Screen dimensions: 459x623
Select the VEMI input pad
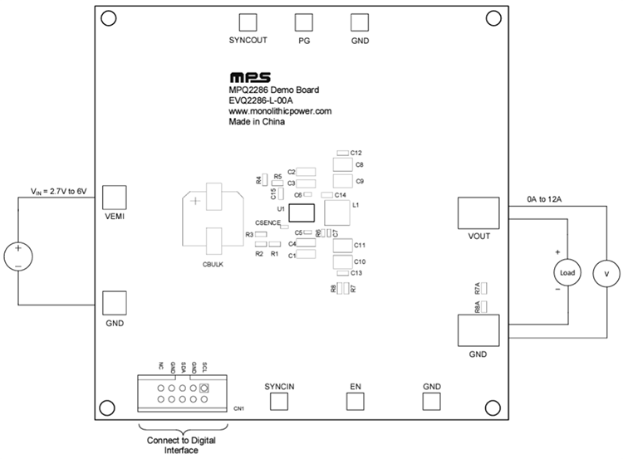point(114,197)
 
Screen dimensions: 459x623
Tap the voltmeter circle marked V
point(606,273)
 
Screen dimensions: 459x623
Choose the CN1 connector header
point(181,394)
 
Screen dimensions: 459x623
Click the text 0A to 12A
point(546,200)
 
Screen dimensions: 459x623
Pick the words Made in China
point(257,122)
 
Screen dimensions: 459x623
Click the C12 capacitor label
point(356,154)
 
